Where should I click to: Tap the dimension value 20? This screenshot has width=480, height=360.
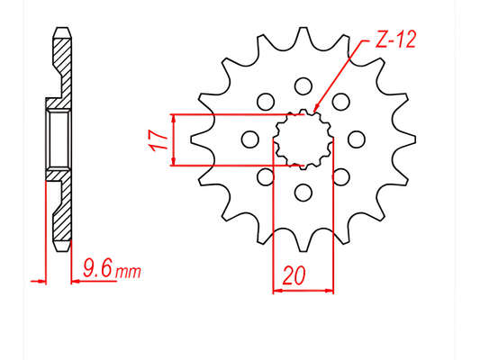coord(292,276)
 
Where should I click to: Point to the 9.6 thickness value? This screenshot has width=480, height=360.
coord(98,267)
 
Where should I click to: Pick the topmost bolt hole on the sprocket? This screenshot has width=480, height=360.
coord(303,86)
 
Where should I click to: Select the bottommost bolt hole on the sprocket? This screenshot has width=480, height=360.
coord(303,191)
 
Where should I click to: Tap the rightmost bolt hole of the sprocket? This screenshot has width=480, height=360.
coord(356,139)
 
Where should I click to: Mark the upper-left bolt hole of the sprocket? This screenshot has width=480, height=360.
coord(266,102)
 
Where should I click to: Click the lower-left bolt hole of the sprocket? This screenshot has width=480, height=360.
coord(266,175)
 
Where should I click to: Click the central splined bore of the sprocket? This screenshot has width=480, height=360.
coord(303,139)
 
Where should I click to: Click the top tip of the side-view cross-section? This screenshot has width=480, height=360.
coord(61,31)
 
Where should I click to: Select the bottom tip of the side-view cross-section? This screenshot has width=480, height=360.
coord(61,247)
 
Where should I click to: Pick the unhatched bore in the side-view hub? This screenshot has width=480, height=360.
coord(57,139)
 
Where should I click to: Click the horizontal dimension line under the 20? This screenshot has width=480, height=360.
coord(303,290)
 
